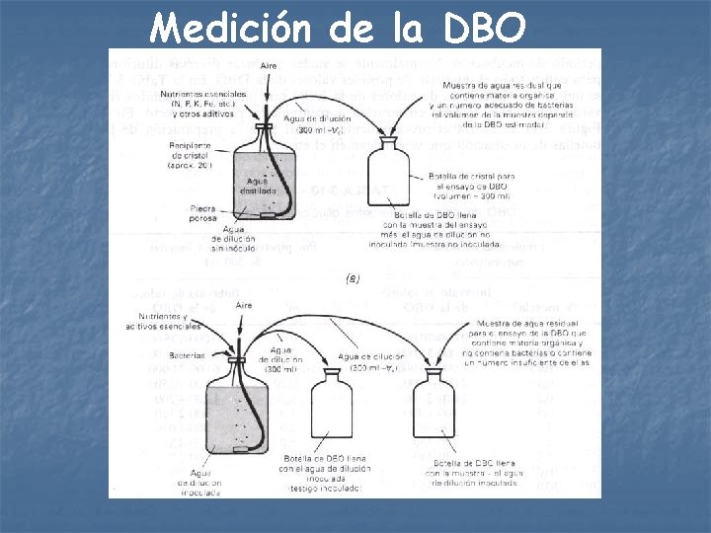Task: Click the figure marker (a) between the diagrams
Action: pyautogui.click(x=353, y=279)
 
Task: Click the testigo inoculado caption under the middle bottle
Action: pyautogui.click(x=327, y=488)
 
